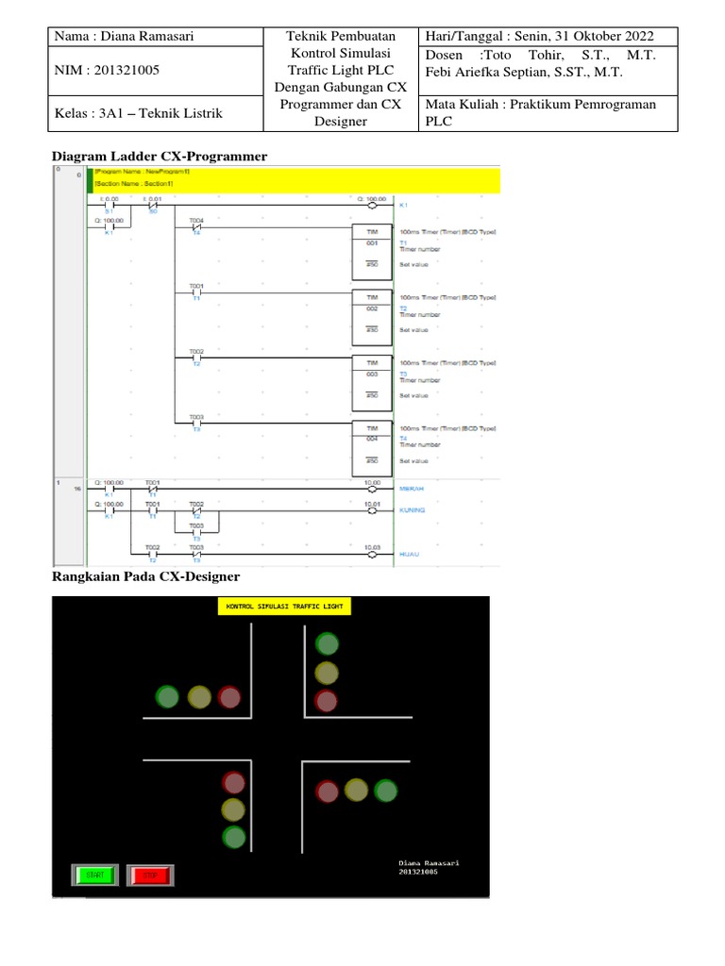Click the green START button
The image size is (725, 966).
coord(94,875)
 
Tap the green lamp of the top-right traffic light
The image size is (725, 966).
coord(327,645)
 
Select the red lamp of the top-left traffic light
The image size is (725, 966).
coord(229,697)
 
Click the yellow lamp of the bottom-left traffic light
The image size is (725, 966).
coord(233,809)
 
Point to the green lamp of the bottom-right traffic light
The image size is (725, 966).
coord(385,791)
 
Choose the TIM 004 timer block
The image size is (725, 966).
coord(372,441)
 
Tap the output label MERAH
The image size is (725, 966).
coord(413,489)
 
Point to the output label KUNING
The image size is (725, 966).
coord(413,510)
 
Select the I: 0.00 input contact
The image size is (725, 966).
coord(109,205)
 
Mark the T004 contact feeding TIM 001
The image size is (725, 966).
coord(196,227)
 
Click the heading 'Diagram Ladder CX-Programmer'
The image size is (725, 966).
coord(160,156)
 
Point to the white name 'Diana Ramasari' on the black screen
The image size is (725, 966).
coord(430,862)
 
